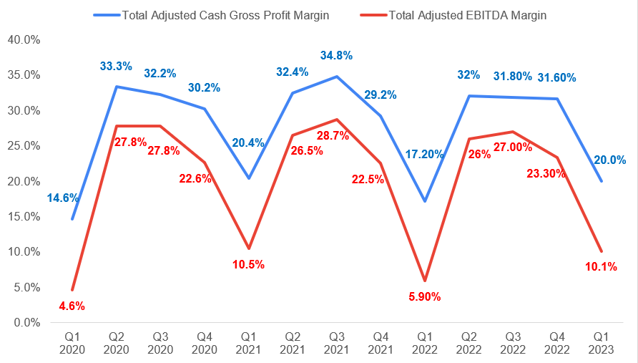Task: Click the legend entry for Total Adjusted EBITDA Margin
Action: pyautogui.click(x=467, y=15)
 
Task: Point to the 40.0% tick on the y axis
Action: pyautogui.click(x=24, y=40)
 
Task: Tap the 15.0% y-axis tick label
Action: pyautogui.click(x=24, y=217)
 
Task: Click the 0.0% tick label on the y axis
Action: pyautogui.click(x=26, y=323)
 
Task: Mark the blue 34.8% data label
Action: pyautogui.click(x=337, y=56)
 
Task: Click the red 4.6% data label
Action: pyautogui.click(x=72, y=306)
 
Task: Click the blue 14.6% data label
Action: pyautogui.click(x=63, y=198)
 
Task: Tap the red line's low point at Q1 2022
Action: pyautogui.click(x=426, y=281)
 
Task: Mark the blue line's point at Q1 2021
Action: pyautogui.click(x=248, y=178)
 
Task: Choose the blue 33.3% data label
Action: pyautogui.click(x=116, y=66)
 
